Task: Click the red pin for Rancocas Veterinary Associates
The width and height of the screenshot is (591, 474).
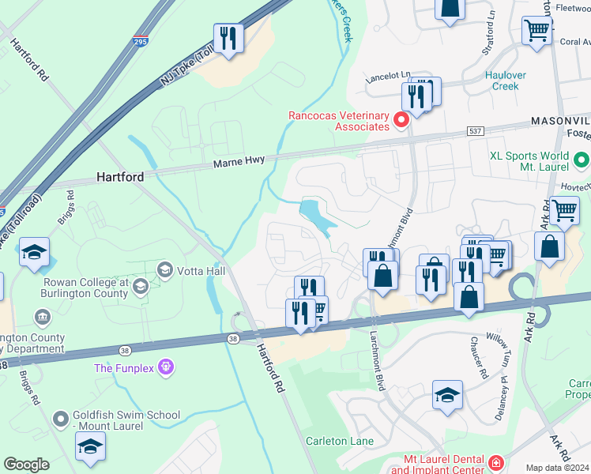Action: (x=401, y=120)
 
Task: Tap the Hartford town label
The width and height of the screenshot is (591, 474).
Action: (x=120, y=177)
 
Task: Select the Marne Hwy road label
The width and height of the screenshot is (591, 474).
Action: (x=239, y=160)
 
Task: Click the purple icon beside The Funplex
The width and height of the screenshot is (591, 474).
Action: (x=164, y=367)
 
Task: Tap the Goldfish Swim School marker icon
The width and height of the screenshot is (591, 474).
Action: (x=60, y=419)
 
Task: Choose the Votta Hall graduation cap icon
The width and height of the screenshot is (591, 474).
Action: (x=165, y=270)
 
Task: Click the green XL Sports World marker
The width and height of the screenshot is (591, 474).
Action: (x=582, y=161)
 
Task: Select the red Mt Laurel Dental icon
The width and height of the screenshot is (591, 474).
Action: (x=495, y=463)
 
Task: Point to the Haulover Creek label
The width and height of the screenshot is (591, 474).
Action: (x=502, y=81)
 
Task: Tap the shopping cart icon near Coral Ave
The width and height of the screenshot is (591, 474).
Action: (x=536, y=31)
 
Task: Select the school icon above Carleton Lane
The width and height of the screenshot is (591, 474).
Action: (x=447, y=395)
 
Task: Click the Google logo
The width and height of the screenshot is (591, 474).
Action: (x=26, y=465)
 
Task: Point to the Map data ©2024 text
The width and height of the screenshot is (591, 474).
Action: (x=557, y=468)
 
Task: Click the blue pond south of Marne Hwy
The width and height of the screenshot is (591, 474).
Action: (x=318, y=215)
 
